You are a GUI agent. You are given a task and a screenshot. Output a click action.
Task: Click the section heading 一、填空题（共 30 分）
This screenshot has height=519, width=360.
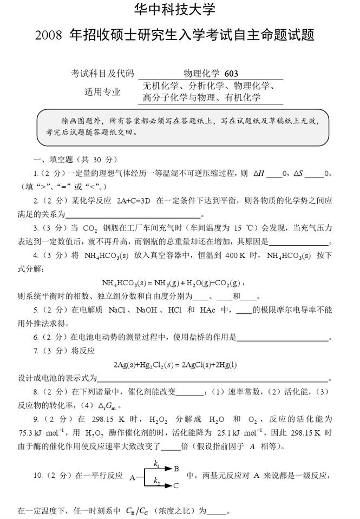(x=74, y=160)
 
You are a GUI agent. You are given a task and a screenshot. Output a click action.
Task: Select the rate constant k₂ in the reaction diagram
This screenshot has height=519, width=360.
(x=156, y=480)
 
